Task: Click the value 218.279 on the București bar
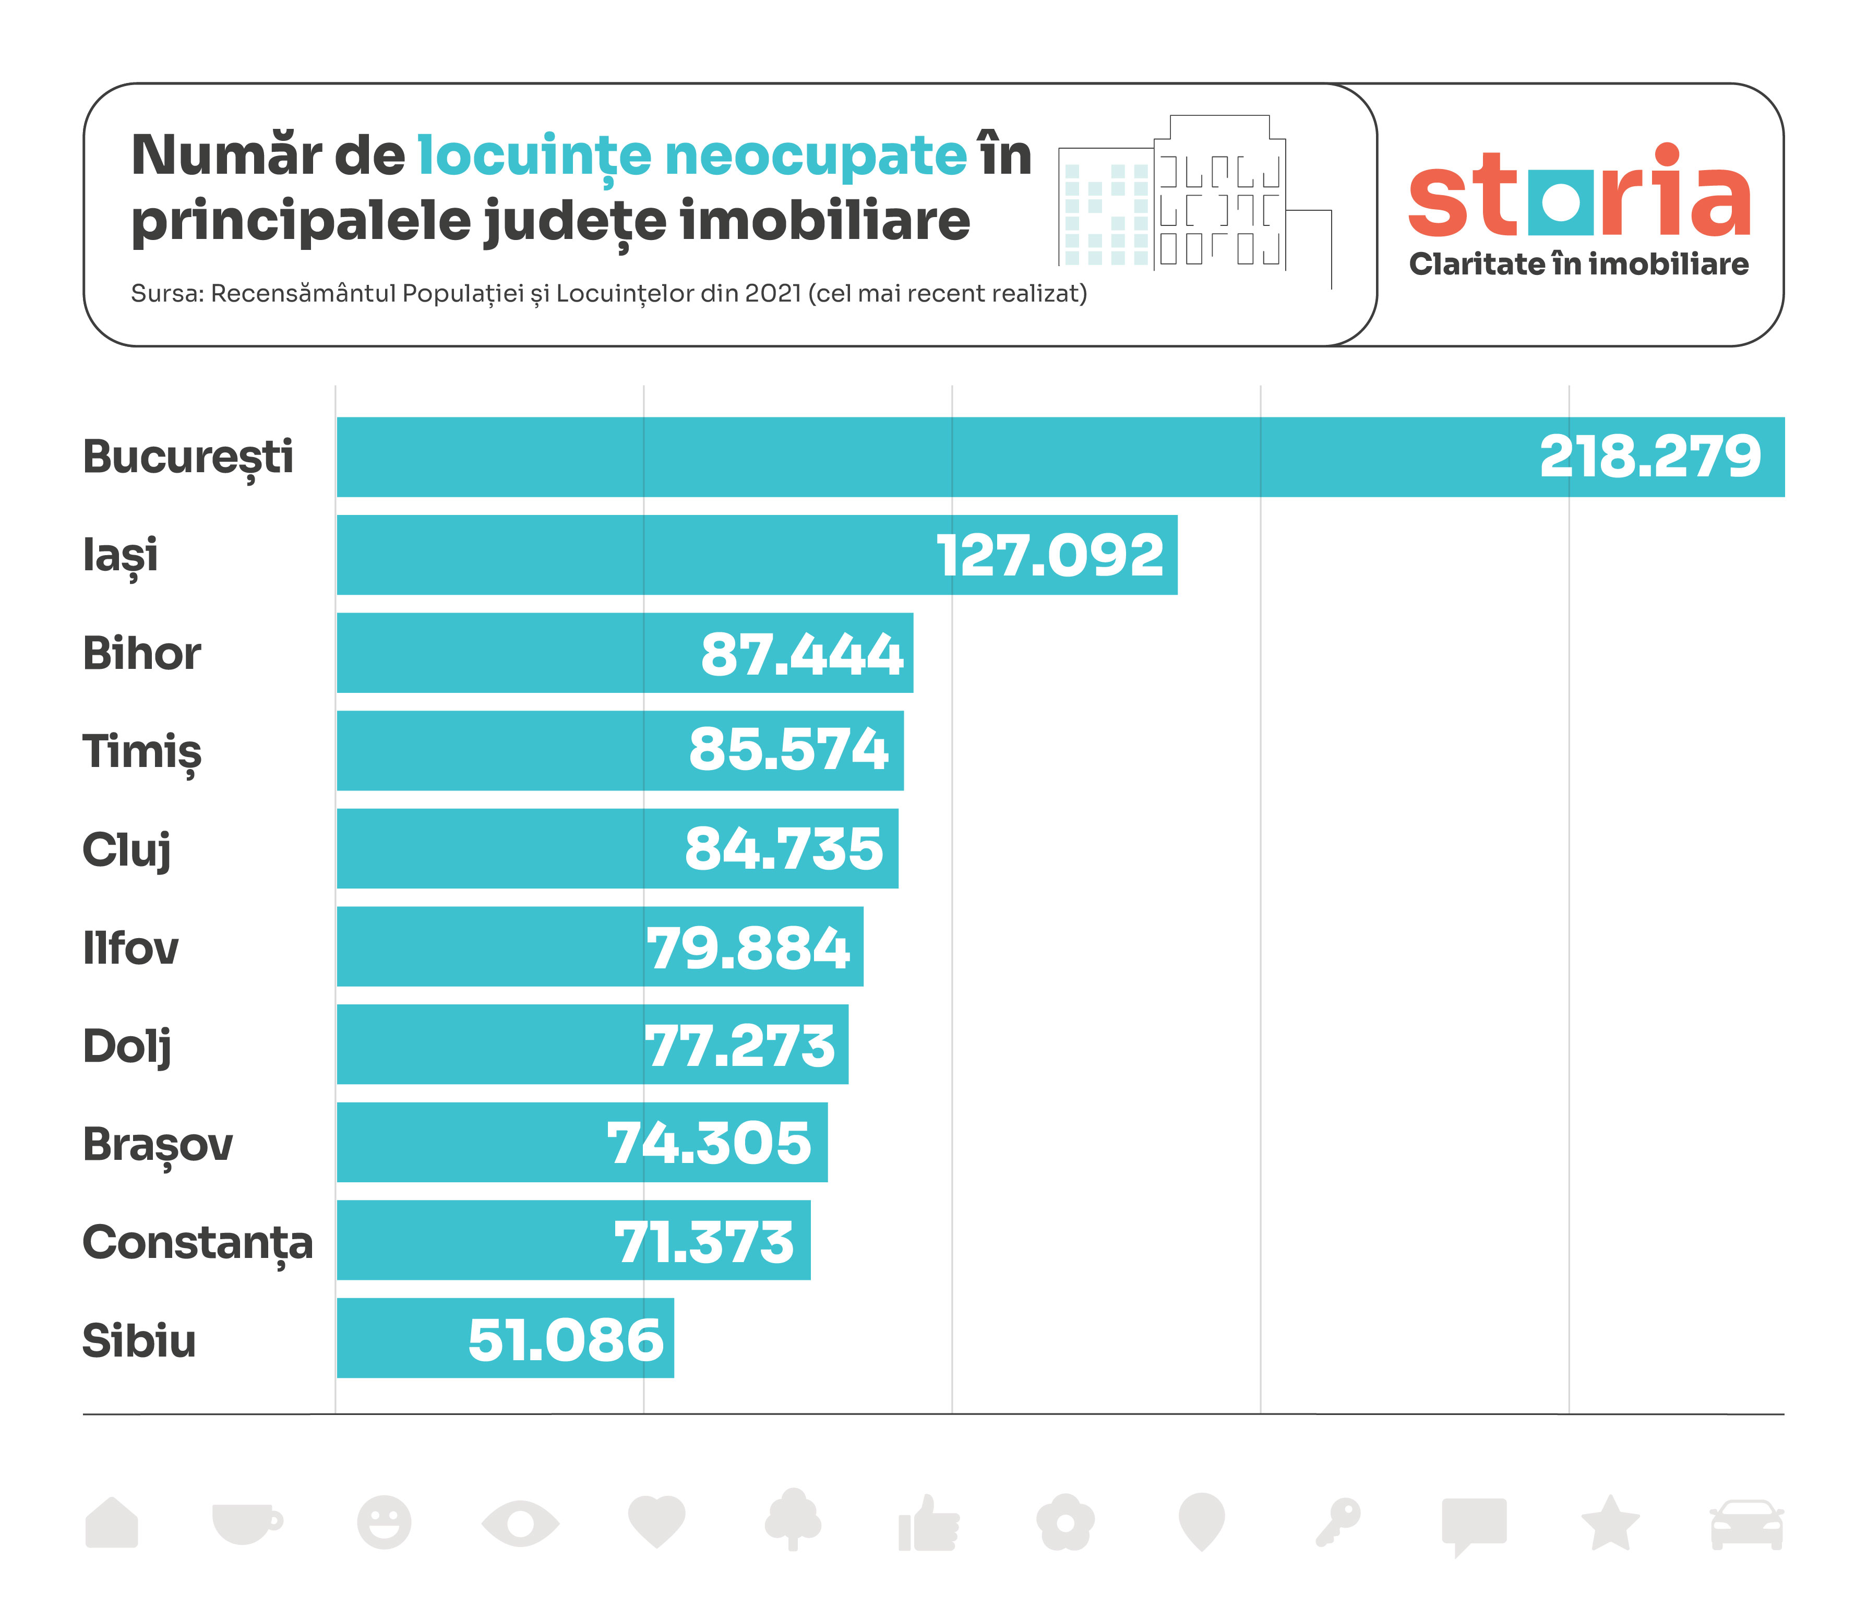click(x=1650, y=457)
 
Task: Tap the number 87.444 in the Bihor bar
click(x=801, y=654)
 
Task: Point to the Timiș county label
click(x=142, y=752)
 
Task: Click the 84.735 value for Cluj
click(x=784, y=849)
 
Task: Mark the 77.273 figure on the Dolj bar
click(x=739, y=1046)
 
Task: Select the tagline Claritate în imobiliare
click(x=1579, y=265)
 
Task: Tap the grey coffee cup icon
click(x=246, y=1522)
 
